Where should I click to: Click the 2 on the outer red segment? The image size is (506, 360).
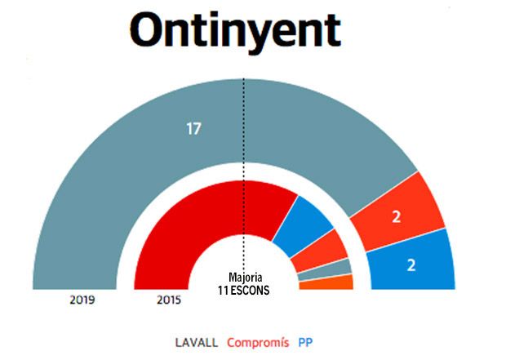(397, 216)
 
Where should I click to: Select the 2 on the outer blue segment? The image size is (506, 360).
(412, 264)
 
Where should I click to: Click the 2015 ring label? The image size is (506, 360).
(168, 300)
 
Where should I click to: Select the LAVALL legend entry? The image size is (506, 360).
(196, 342)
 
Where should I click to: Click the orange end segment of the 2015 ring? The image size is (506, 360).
(326, 282)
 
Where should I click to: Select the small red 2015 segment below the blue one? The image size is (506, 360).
(318, 248)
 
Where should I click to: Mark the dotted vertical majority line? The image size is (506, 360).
(243, 163)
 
